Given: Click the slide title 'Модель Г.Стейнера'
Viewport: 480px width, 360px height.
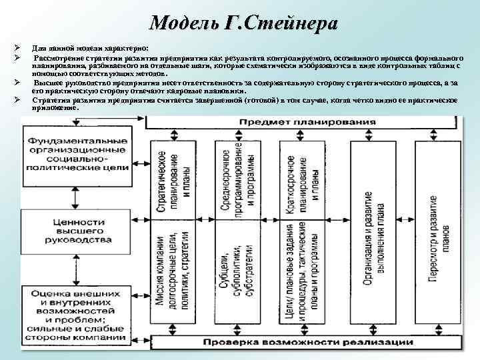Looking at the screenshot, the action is click(243, 23).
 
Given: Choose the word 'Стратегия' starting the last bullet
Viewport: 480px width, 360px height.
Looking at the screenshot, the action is click(52, 100).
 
